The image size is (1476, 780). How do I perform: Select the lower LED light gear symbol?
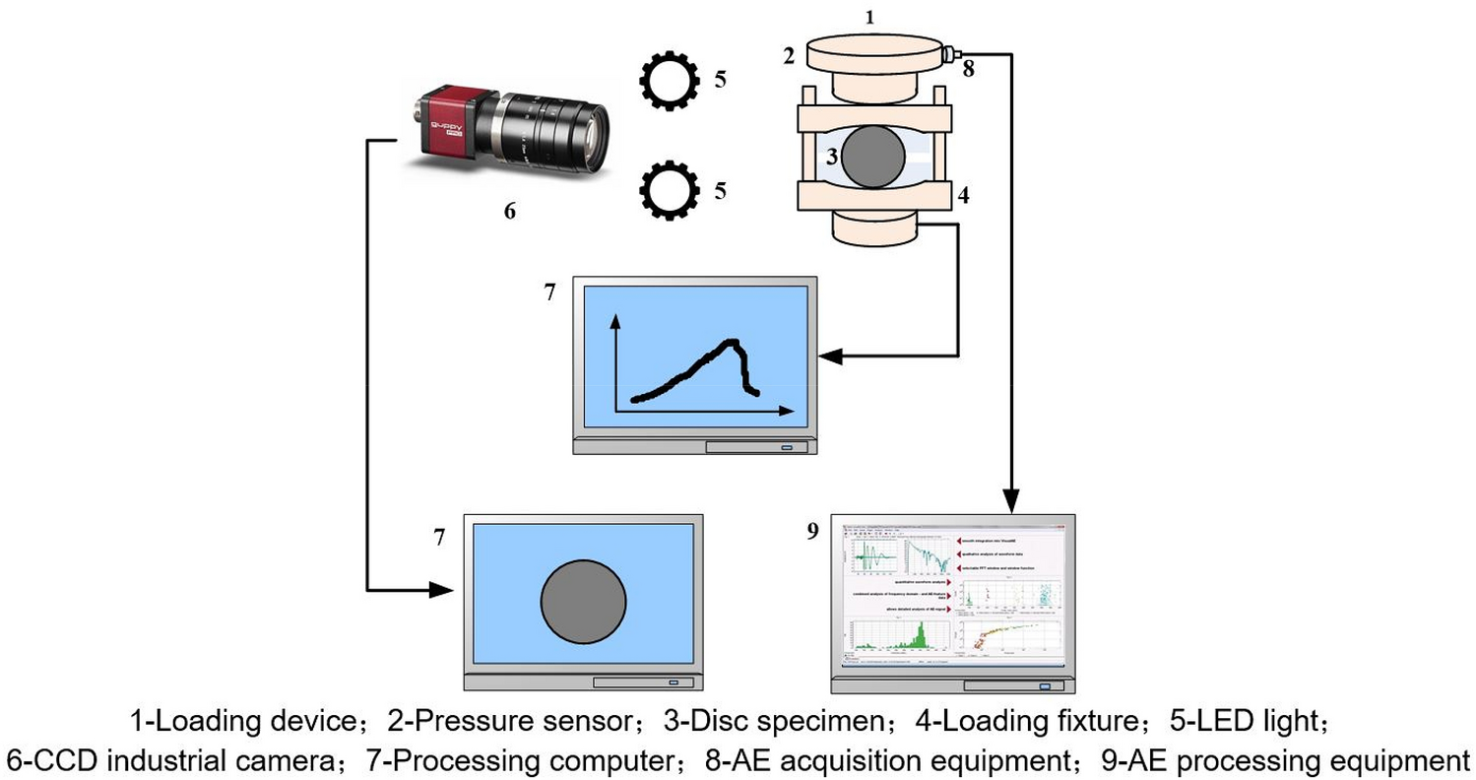tap(669, 190)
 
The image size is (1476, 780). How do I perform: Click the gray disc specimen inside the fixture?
tap(869, 157)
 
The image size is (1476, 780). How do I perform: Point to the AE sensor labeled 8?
tap(951, 55)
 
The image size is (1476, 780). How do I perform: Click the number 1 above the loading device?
tap(867, 17)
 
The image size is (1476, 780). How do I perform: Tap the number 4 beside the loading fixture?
tap(964, 195)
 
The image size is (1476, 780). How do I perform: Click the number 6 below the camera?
tap(509, 211)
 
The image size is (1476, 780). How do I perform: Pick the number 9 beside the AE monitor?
tap(812, 532)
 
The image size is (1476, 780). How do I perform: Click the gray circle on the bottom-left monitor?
tap(583, 603)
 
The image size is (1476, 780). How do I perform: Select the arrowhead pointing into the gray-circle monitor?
tap(442, 591)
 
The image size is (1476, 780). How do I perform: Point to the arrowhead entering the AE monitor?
tap(1010, 501)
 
